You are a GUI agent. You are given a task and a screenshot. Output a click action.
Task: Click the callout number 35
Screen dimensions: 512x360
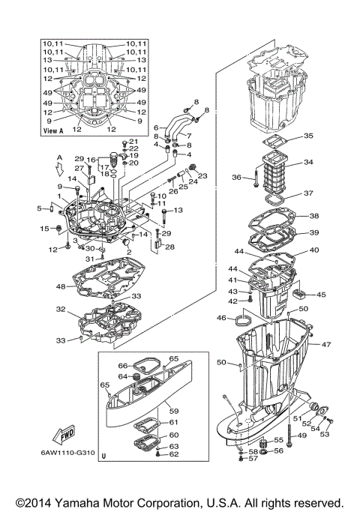(x=308, y=136)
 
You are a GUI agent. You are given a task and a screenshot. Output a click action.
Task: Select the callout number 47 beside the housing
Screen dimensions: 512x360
(x=326, y=345)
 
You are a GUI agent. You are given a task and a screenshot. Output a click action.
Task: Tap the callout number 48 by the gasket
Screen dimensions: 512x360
(x=60, y=286)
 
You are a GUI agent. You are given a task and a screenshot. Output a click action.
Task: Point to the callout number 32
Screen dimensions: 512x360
(x=60, y=309)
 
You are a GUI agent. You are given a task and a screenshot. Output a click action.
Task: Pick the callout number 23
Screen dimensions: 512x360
(x=203, y=176)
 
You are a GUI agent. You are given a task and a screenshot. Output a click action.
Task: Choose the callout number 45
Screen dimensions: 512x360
(x=321, y=295)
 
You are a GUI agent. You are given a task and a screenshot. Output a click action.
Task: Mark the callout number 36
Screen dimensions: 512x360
(x=236, y=178)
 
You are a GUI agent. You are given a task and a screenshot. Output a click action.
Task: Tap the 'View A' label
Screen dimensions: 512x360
(x=53, y=130)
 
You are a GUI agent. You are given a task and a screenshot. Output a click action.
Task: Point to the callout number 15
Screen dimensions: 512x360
(x=43, y=229)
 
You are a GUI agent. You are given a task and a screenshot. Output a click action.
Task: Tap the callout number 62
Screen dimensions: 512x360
(x=174, y=454)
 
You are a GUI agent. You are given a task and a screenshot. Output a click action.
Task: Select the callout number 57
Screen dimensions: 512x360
(x=253, y=459)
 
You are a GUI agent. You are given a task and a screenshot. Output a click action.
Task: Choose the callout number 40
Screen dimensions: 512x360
(x=313, y=250)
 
